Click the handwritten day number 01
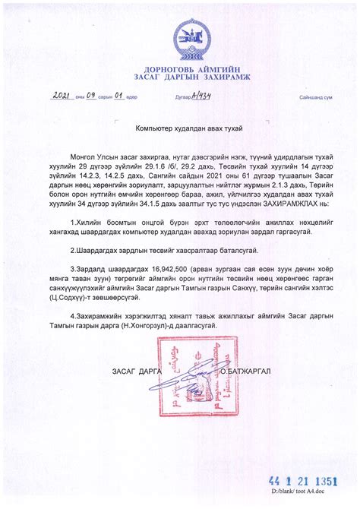coord(120,96)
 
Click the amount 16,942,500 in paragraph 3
coord(176,268)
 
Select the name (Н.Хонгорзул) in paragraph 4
coord(172,325)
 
